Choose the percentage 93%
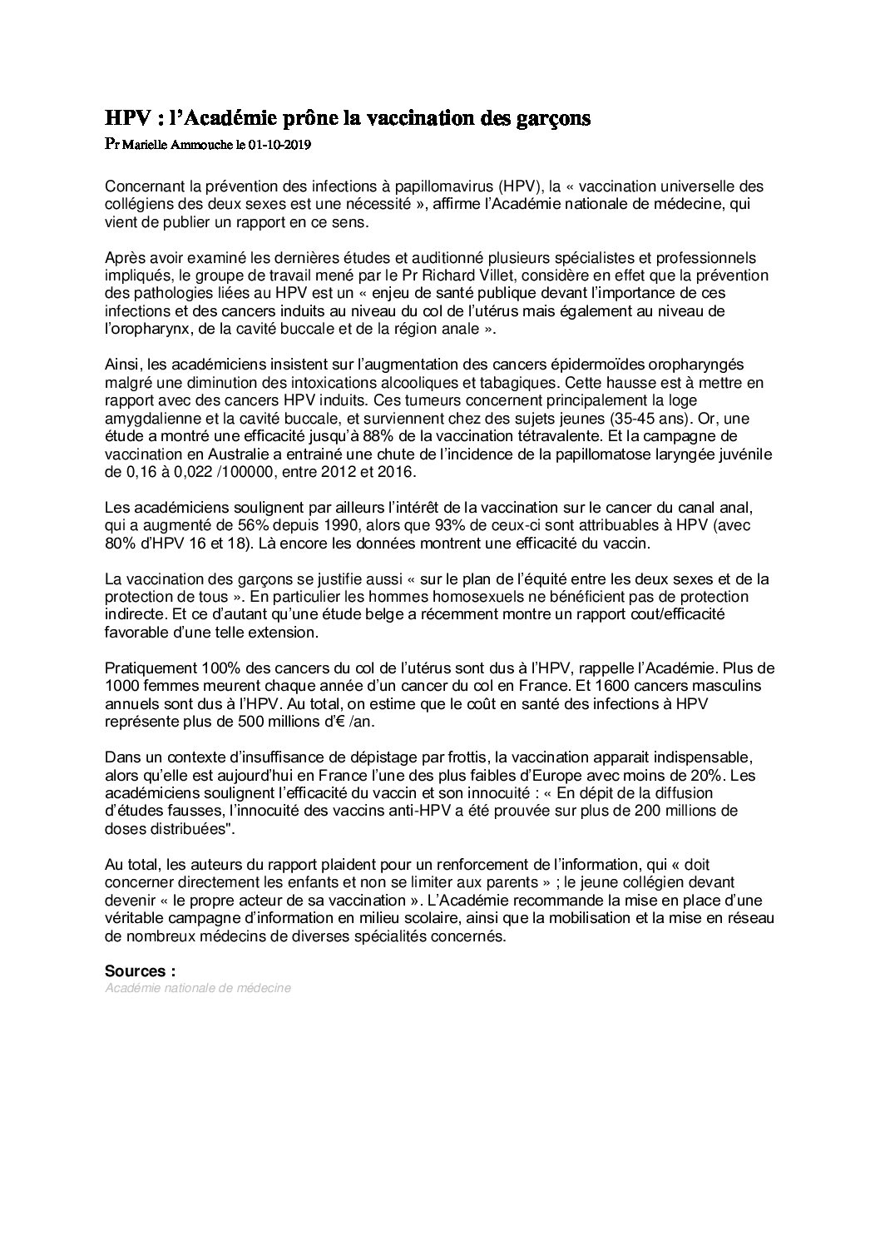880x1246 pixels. click(x=436, y=525)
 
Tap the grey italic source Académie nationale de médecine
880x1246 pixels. click(x=198, y=988)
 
